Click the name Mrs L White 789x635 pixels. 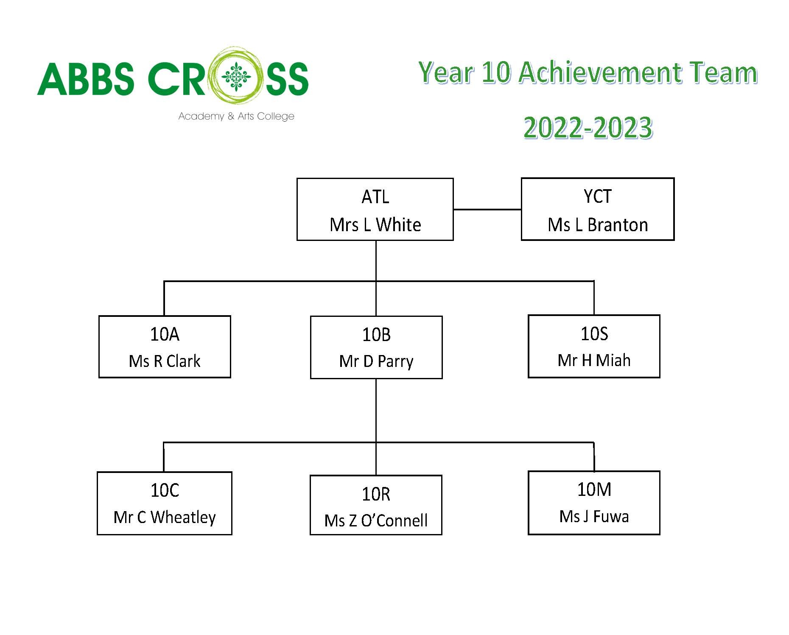(375, 225)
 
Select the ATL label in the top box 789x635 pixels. (375, 197)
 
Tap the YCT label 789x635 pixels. (598, 196)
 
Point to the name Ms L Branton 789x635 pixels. (598, 225)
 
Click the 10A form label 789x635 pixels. (165, 334)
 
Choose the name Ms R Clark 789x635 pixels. (165, 361)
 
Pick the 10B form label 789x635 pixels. (376, 335)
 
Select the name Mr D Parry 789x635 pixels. (376, 361)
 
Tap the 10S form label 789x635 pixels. (594, 334)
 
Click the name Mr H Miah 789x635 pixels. (594, 360)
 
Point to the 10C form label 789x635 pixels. (165, 490)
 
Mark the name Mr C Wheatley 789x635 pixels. (165, 517)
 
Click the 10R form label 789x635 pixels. (376, 494)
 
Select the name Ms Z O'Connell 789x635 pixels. (376, 520)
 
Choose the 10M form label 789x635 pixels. (594, 490)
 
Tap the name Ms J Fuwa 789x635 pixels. (594, 516)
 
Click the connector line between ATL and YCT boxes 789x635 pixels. (487, 209)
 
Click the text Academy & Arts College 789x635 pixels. (236, 116)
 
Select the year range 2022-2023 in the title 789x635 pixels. (588, 128)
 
